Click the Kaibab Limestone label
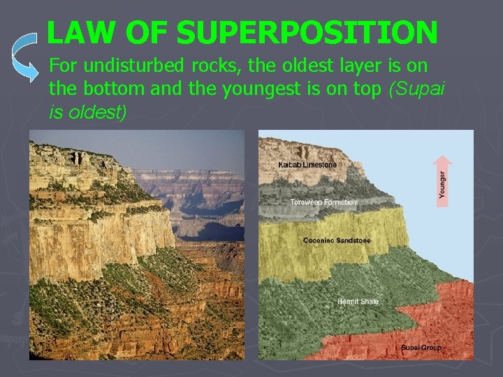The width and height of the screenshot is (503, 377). coord(307,165)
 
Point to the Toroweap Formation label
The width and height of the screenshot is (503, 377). coord(323,202)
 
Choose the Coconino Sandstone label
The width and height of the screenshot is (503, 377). coord(337,241)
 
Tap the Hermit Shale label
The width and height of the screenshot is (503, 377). coord(358,302)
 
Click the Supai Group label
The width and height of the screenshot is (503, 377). coord(421,347)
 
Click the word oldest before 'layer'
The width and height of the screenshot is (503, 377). coord(295,67)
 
